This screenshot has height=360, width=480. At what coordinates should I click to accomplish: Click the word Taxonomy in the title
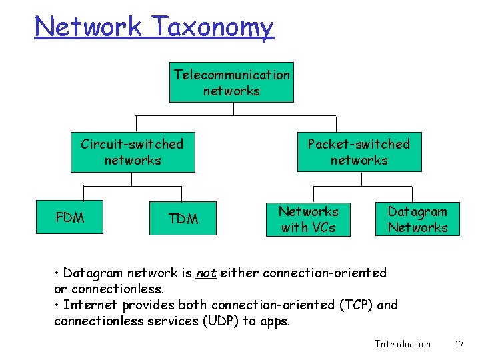click(213, 27)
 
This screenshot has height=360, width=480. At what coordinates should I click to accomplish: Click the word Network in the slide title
click(89, 27)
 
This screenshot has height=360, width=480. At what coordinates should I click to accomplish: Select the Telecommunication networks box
click(231, 83)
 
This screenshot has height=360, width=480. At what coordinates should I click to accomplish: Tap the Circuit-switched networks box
click(133, 152)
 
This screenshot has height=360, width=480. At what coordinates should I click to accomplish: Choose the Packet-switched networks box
click(359, 152)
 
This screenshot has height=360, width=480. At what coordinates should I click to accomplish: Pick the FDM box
click(70, 217)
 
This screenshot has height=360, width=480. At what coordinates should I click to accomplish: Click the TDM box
click(183, 219)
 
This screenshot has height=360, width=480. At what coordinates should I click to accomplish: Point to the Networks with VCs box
click(308, 219)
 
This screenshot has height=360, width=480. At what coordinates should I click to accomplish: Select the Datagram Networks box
click(418, 219)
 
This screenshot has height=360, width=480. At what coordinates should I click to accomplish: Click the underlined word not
click(207, 273)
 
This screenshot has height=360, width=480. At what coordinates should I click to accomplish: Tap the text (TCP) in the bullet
click(357, 305)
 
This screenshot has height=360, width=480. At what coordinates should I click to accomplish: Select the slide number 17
click(459, 344)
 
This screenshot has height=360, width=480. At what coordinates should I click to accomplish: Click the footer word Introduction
click(403, 344)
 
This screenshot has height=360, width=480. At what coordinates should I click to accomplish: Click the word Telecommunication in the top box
click(231, 75)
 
